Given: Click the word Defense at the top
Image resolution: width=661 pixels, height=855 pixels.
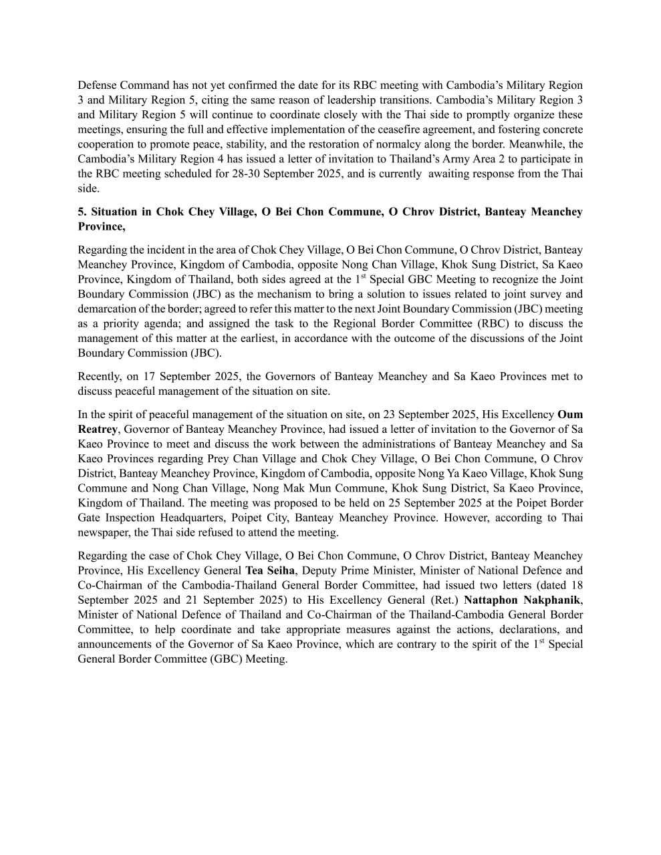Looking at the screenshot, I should point(98,85).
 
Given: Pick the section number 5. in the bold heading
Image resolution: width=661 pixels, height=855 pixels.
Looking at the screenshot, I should point(82,212).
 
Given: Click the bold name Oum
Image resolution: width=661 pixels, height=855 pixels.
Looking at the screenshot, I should point(570,415).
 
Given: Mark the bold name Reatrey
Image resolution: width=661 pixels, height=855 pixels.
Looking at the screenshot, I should point(98,430).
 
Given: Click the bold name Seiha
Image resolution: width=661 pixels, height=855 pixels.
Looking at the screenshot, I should point(281,570).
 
